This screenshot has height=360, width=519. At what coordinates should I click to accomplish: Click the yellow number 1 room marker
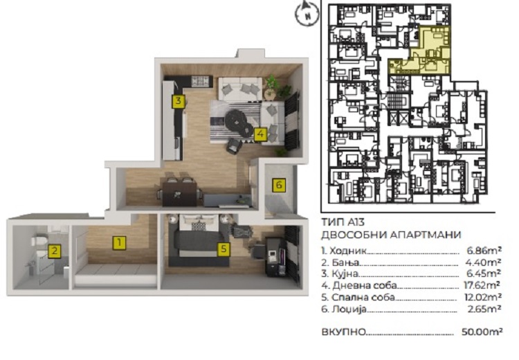pos(119,243)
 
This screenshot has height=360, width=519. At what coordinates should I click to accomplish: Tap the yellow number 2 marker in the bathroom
pos(55,251)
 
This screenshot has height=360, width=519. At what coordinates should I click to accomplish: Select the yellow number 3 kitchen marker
pos(178,100)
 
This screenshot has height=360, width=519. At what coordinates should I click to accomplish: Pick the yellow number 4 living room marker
pos(260,134)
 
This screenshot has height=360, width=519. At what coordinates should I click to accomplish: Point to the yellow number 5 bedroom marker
pos(224,249)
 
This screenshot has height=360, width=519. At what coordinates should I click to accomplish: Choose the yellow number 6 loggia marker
pos(279,185)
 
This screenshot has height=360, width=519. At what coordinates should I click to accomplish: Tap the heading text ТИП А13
pos(343,222)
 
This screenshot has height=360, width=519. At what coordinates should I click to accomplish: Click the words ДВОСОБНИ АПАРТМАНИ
pos(391,235)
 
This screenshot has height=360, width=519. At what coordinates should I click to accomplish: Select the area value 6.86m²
pos(484,251)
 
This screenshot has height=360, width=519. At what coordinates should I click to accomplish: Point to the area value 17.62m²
pos(482,285)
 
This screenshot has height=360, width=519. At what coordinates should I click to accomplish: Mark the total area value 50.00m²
pos(482,332)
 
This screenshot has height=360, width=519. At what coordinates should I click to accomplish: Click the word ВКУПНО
pos(344,332)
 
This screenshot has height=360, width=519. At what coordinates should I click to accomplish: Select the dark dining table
pos(179,194)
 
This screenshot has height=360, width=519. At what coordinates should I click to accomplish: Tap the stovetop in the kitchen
pos(201,82)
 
